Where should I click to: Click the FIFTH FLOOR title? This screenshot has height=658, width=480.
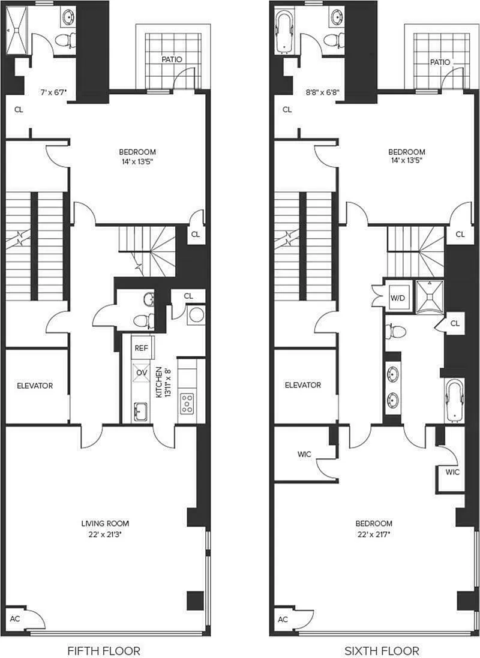tap(104, 650)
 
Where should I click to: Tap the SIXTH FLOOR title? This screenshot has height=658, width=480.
tap(382, 650)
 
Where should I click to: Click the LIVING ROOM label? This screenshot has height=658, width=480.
tap(105, 523)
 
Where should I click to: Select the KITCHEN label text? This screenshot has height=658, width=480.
tap(159, 382)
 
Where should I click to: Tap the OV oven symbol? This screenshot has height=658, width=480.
tap(142, 372)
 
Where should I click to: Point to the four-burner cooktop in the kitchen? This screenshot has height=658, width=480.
tap(187, 403)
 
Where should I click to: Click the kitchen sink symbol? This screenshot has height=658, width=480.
tap(140, 411)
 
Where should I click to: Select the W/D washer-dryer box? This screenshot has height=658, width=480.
tap(398, 298)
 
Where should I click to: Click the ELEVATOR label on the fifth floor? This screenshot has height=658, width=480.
tap(35, 386)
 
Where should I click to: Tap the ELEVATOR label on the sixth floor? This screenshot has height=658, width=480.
tap(303, 385)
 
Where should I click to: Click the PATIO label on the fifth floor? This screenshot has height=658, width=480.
tap(172, 59)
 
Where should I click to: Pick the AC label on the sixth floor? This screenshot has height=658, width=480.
tap(283, 620)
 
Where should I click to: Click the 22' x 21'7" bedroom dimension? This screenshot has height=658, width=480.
tap(374, 534)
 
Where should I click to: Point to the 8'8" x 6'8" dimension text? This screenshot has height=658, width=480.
tap(323, 92)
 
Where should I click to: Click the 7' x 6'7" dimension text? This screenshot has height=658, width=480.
tap(54, 92)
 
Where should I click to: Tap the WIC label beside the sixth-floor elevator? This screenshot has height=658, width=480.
tap(304, 454)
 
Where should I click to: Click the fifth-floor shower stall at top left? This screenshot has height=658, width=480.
tap(17, 30)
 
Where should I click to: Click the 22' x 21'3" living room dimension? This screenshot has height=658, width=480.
tap(105, 534)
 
